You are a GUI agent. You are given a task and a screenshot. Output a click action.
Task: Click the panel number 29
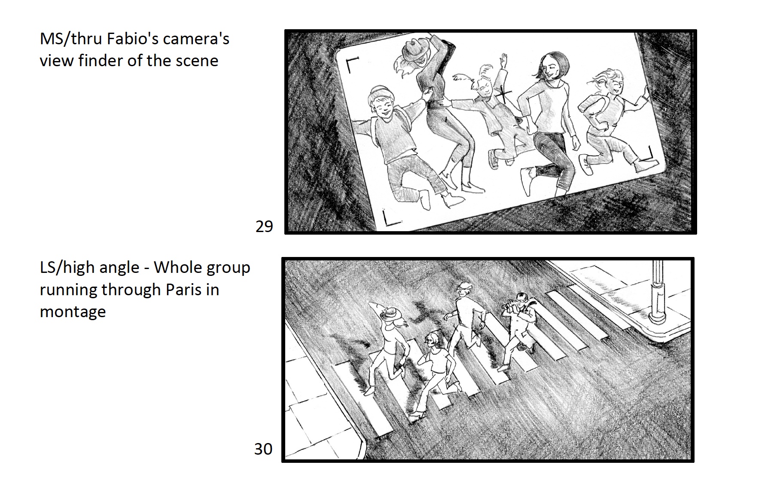tap(264, 226)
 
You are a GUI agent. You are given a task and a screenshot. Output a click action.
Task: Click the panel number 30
tap(263, 449)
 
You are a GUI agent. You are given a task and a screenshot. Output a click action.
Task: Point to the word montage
tap(73, 312)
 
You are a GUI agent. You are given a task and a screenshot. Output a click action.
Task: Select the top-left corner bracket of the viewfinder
tap(351, 65)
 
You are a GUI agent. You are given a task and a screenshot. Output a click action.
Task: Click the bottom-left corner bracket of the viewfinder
tap(390, 219)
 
